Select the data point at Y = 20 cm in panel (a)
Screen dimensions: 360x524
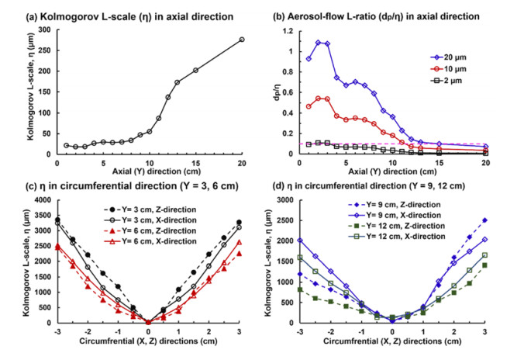[242, 40]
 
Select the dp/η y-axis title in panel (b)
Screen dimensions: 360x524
[280, 92]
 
